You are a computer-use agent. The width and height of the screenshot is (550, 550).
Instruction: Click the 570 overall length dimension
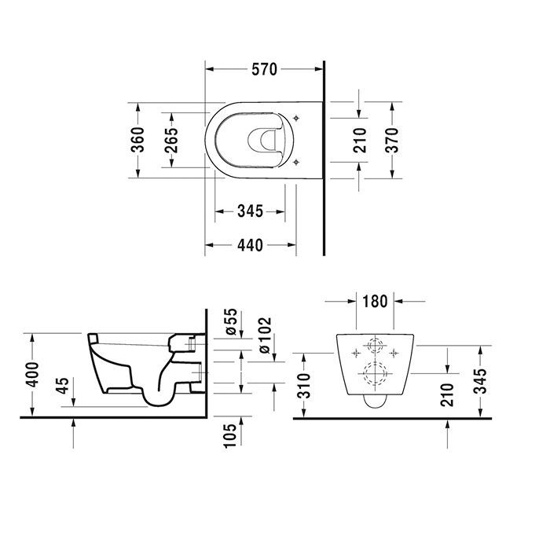(x=264, y=70)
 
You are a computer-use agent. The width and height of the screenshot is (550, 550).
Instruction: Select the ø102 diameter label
(x=263, y=334)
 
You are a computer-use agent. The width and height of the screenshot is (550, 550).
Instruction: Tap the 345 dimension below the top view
(x=249, y=211)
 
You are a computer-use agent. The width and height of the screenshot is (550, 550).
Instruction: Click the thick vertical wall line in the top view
(x=324, y=157)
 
